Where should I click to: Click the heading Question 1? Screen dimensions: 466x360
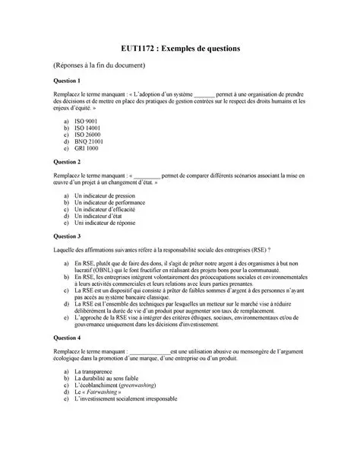pyautogui.click(x=68, y=81)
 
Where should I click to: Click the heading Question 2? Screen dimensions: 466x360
pyautogui.click(x=68, y=162)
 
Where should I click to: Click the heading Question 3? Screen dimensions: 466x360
pyautogui.click(x=68, y=236)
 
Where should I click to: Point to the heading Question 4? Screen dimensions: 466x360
pyautogui.click(x=68, y=337)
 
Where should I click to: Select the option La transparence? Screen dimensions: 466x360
pyautogui.click(x=96, y=371)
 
